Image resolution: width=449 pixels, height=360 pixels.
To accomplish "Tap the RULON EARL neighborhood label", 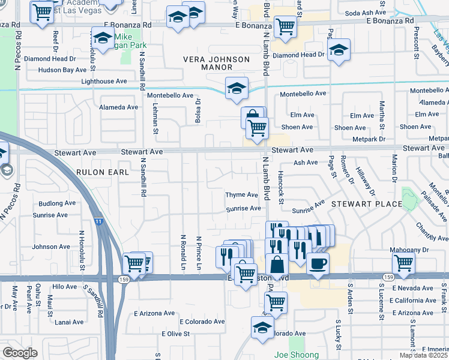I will point(103,172).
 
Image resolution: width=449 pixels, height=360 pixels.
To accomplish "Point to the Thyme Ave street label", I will point(241,195).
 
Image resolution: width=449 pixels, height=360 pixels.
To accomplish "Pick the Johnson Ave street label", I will point(51,247).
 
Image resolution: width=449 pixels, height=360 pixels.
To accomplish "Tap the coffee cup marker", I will point(318,263).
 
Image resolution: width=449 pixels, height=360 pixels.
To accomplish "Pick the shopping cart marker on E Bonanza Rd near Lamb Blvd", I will point(285,26).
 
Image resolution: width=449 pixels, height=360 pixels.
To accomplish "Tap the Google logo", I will point(20,353).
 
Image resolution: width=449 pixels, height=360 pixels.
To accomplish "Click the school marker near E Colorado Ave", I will point(262,328).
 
